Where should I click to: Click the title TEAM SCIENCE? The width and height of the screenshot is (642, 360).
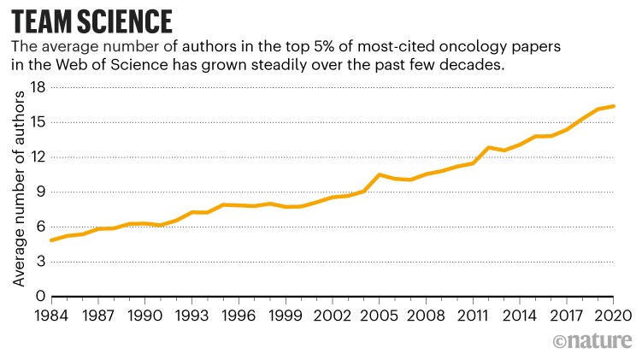click(x=91, y=19)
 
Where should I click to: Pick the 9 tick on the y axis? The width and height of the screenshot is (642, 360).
click(x=40, y=192)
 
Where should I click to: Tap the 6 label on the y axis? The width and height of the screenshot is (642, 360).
click(x=40, y=227)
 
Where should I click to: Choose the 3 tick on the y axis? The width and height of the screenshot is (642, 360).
click(x=40, y=262)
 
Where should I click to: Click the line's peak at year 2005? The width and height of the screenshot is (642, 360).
click(x=380, y=174)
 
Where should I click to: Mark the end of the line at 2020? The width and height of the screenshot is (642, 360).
click(x=614, y=106)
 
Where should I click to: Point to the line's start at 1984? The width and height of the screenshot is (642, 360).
click(x=51, y=240)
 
